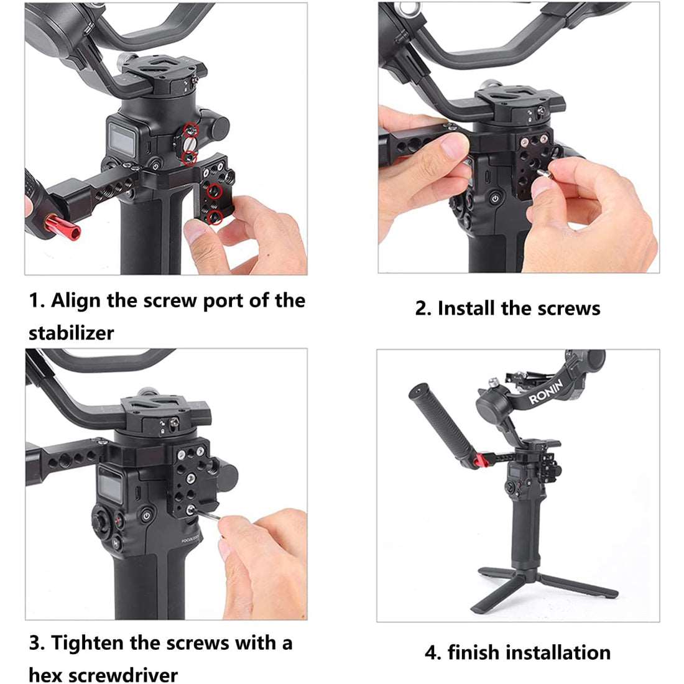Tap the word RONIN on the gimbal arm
546,392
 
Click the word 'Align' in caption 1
76,301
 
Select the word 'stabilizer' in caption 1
71,333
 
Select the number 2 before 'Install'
421,309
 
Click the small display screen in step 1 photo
121,137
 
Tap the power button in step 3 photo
146,515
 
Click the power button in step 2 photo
494,198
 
